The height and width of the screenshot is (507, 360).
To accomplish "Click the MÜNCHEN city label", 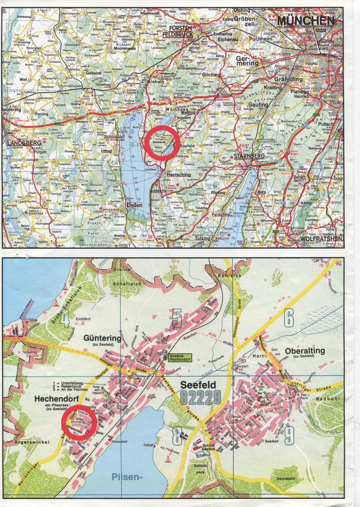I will click(x=305, y=21).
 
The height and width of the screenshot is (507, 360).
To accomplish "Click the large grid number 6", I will click(x=288, y=319).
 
